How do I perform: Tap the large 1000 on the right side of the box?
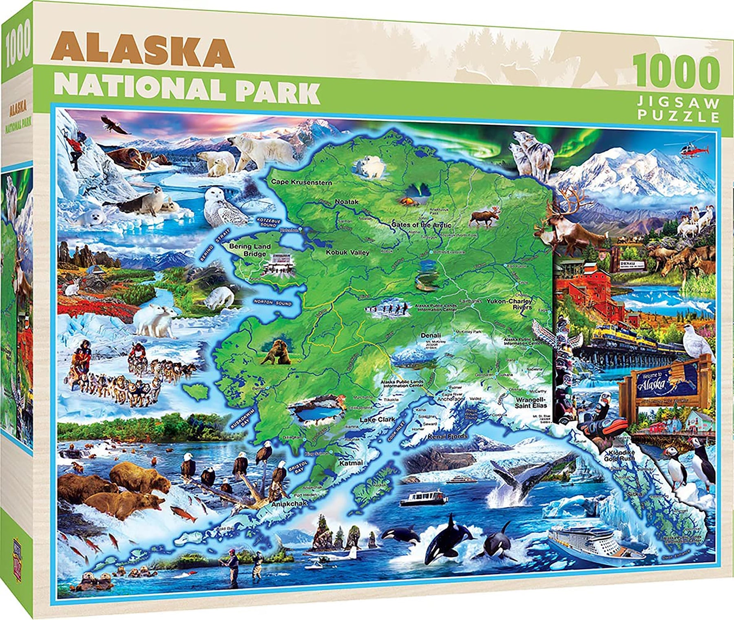[x=677, y=76]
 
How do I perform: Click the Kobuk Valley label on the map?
[x=347, y=253]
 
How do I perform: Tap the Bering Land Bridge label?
[x=254, y=250]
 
